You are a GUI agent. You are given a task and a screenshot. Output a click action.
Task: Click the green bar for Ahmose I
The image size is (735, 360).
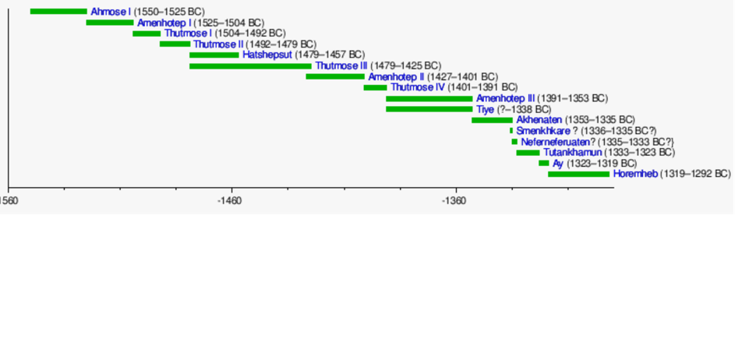tap(58, 12)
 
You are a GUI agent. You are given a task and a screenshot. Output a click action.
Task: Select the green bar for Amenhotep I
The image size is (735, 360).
tap(110, 23)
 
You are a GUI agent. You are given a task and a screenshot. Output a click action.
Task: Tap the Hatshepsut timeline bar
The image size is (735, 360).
tap(214, 55)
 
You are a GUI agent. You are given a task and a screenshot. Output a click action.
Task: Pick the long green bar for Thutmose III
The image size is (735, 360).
tap(250, 66)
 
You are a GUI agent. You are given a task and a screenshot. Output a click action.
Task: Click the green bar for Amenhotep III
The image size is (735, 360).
tap(429, 99)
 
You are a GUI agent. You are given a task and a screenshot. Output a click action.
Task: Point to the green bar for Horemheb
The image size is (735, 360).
tap(578, 175)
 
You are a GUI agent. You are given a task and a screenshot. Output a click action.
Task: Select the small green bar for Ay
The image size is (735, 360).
tap(543, 164)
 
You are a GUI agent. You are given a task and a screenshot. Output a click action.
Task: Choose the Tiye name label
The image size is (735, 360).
tap(486, 110)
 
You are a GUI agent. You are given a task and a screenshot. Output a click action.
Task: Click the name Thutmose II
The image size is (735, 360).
tap(219, 44)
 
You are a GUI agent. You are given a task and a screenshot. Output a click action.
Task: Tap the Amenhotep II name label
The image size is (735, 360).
tap(396, 77)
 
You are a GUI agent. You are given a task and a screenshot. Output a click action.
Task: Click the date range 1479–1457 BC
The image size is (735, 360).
tap(330, 55)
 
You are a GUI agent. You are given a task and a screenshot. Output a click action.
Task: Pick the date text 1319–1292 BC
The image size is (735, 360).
tap(695, 175)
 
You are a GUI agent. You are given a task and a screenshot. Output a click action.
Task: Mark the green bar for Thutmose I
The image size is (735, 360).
tap(147, 34)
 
